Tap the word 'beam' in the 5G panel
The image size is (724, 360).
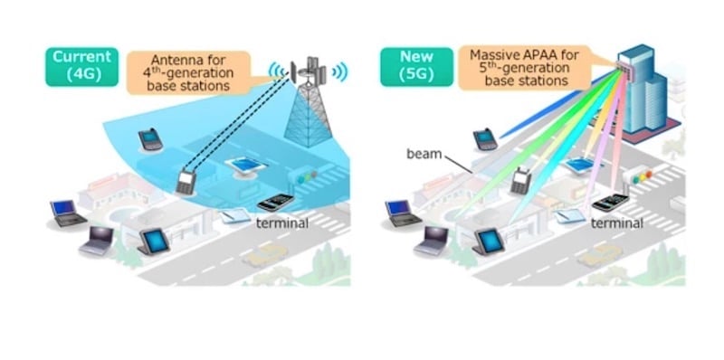pos(424,154)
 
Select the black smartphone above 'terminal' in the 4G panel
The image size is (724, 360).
pos(275,201)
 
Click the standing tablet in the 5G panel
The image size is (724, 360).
pos(488,241)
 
